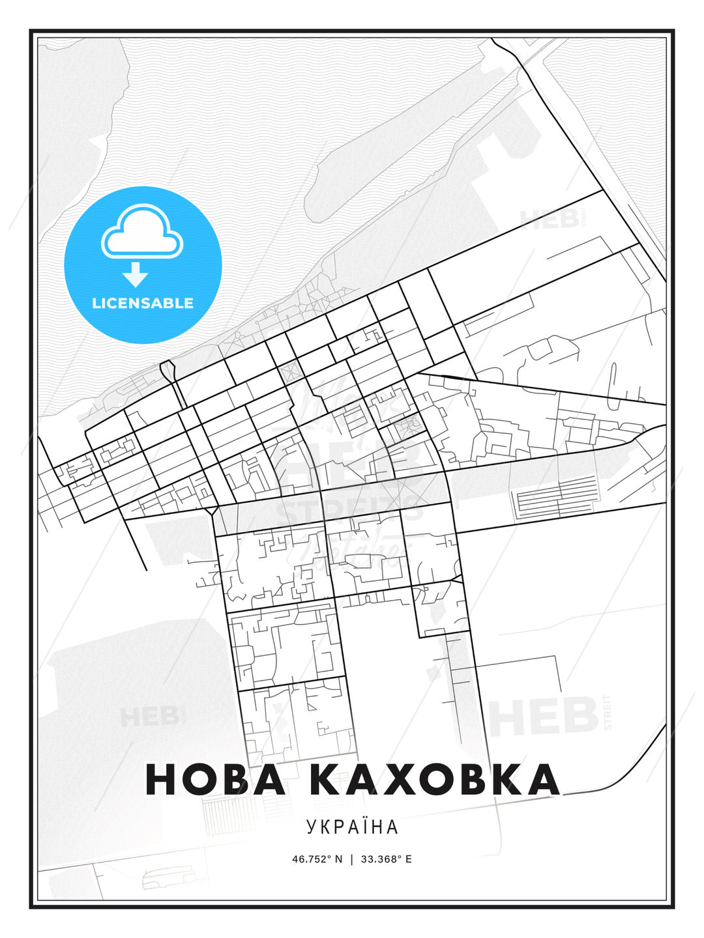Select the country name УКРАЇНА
click(352, 827)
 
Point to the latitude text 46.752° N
click(317, 859)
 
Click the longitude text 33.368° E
click(387, 859)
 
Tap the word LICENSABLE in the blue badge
click(143, 303)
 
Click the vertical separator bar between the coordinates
click(352, 859)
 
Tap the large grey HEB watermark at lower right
click(544, 715)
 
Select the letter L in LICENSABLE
click(96, 303)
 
